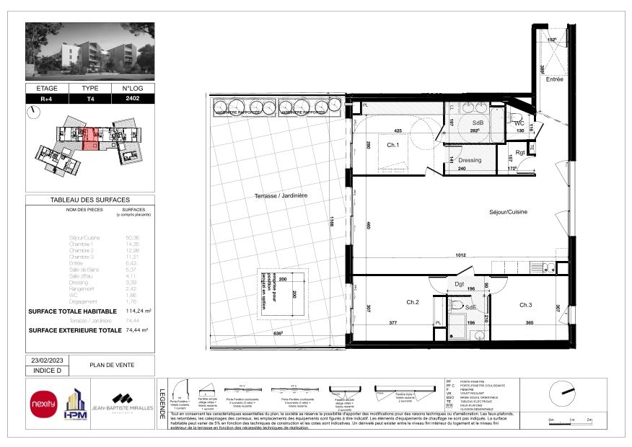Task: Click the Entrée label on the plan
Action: tap(554, 79)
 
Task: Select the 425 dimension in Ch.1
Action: tap(398, 131)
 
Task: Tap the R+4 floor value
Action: tap(46, 98)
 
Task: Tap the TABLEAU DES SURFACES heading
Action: tap(90, 200)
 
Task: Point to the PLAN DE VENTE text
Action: tap(107, 366)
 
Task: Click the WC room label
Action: tap(519, 123)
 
